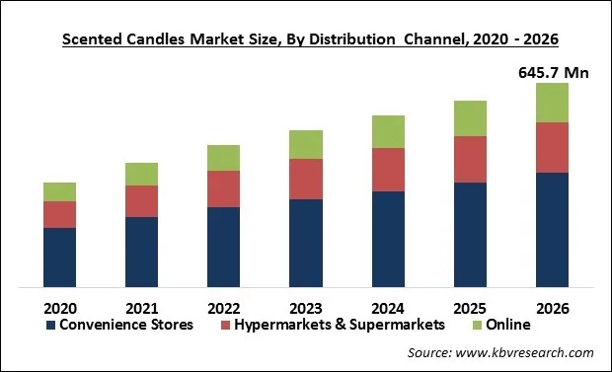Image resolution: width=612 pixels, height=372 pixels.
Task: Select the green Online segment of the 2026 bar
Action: point(553,103)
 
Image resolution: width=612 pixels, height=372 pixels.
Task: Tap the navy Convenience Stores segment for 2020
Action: point(59,258)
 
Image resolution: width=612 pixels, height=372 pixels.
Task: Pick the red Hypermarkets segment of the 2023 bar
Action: point(306,179)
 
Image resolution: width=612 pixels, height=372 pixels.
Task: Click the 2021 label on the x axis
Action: point(141,305)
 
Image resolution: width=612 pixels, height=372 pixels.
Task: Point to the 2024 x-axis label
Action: point(388,305)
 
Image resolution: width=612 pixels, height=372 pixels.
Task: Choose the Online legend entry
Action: point(507,324)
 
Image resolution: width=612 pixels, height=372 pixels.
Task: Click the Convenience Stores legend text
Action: point(126,324)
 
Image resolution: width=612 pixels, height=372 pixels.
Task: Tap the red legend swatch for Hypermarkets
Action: point(225,325)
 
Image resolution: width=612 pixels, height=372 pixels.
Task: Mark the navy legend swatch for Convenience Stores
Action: point(49,325)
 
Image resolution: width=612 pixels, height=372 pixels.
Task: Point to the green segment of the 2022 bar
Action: point(224,158)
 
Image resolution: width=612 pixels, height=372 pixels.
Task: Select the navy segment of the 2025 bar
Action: point(470,235)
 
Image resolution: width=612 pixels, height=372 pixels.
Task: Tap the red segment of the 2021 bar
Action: point(141,201)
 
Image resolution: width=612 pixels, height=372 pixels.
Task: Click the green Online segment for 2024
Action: point(388,131)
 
